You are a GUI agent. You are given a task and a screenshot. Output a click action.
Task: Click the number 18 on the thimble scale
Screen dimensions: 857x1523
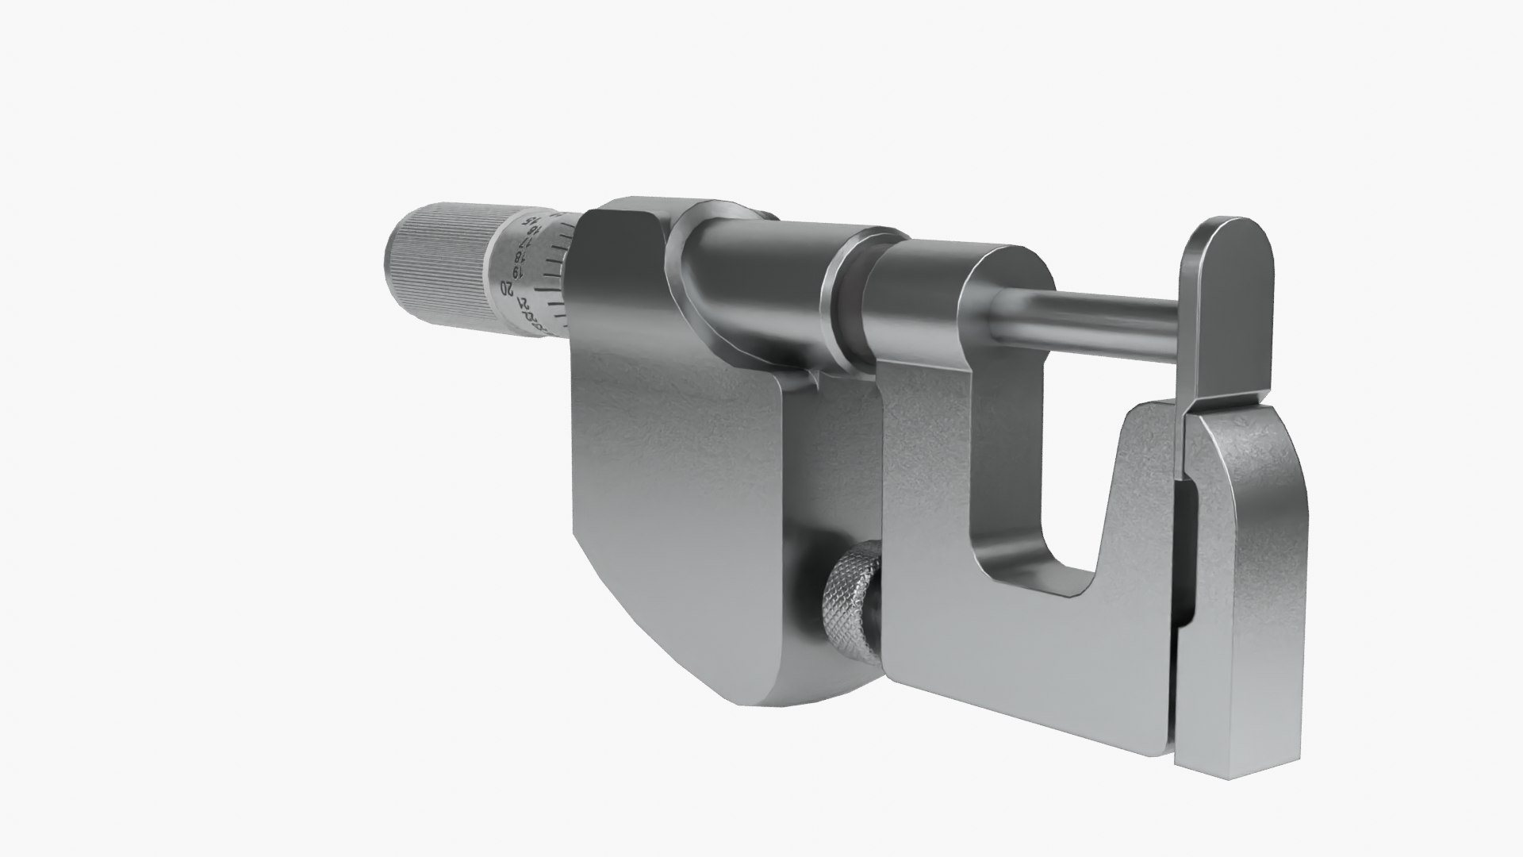(x=520, y=258)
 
